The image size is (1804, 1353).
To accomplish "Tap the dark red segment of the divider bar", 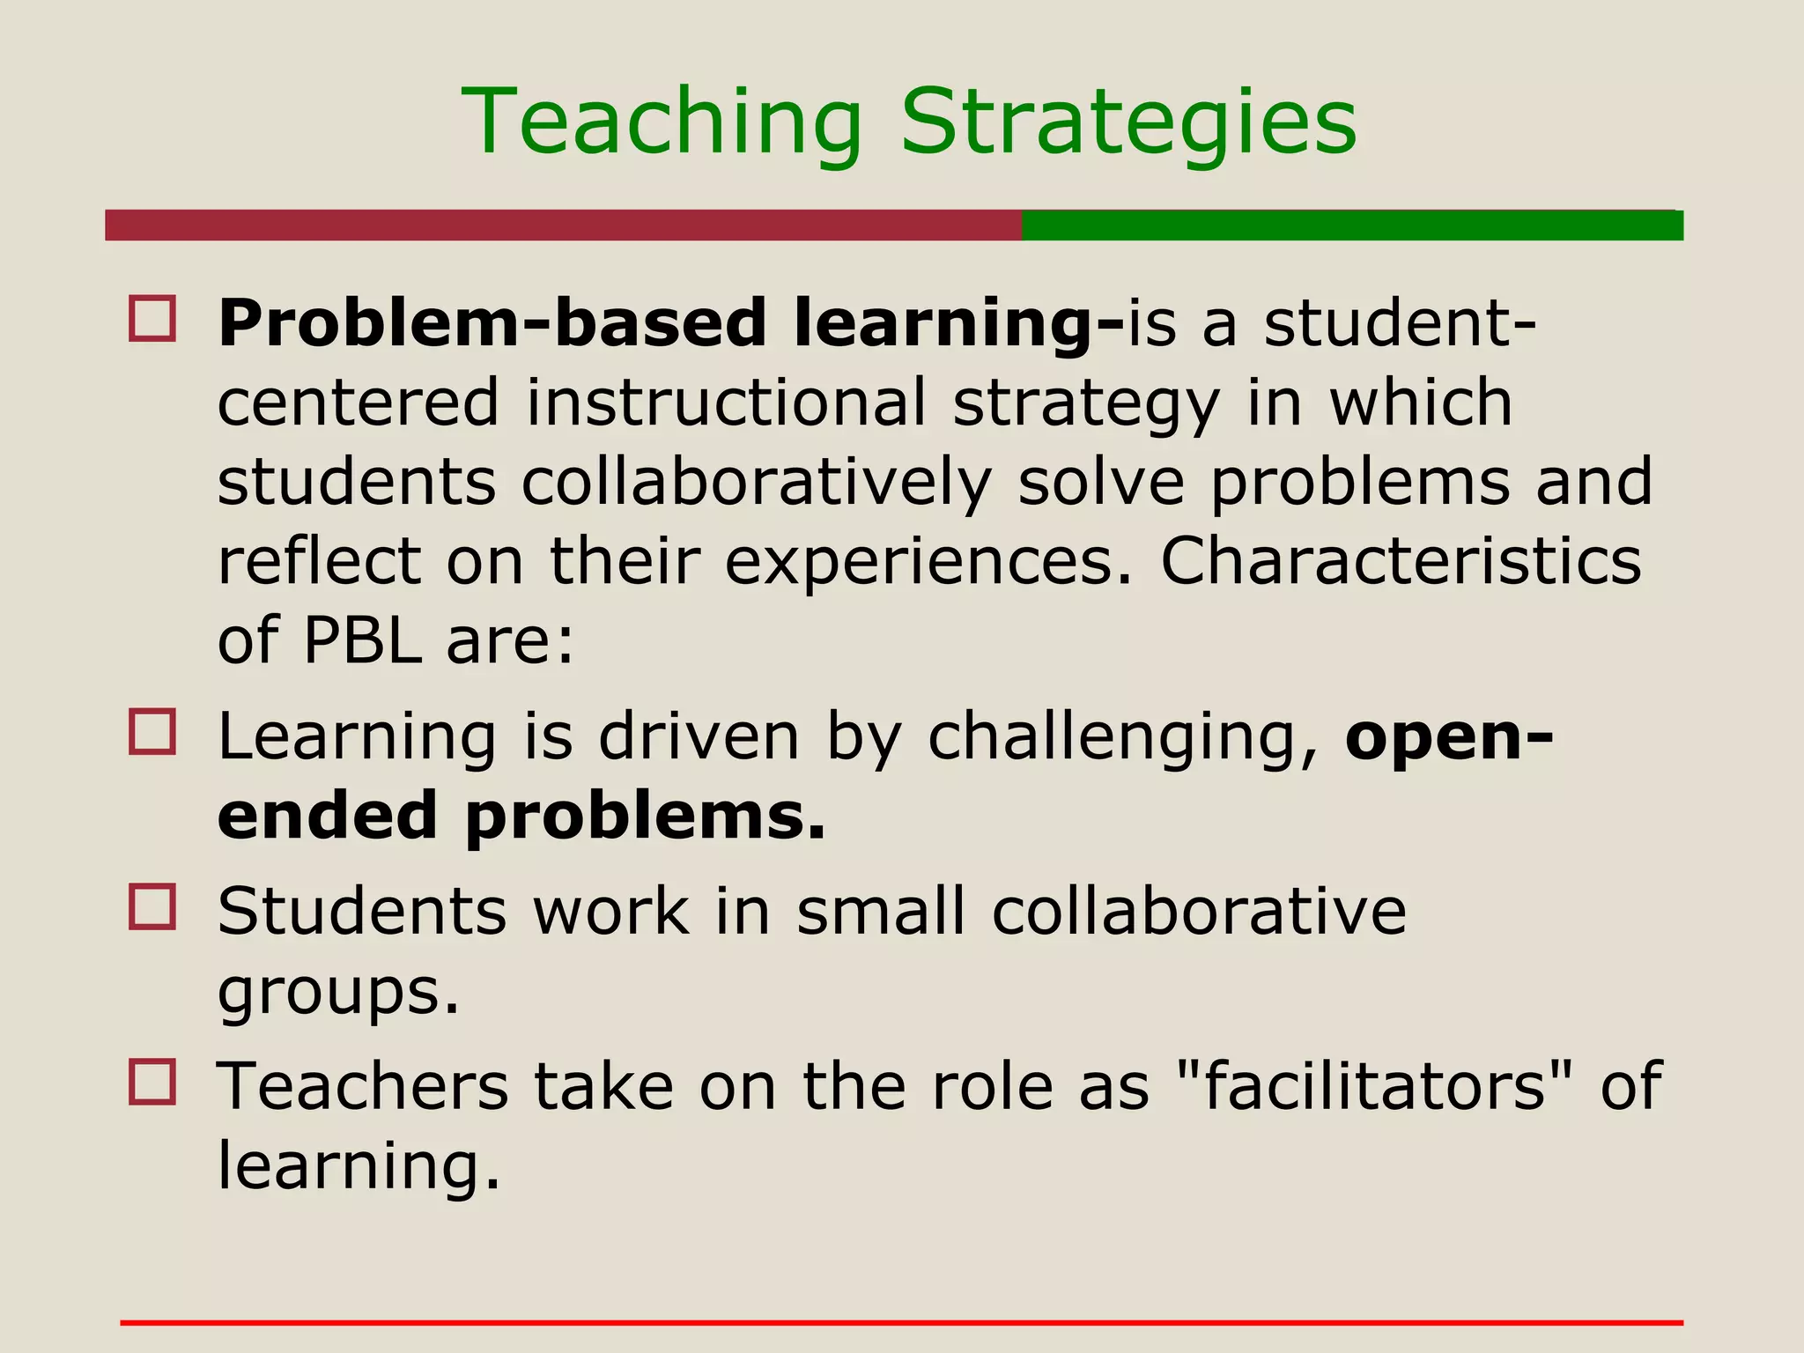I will point(563,225).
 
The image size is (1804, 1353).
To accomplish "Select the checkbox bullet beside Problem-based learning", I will point(152,319).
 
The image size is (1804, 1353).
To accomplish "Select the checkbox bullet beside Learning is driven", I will point(152,731).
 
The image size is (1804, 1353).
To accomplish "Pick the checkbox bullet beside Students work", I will point(152,906).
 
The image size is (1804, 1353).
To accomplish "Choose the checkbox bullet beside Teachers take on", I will point(152,1081).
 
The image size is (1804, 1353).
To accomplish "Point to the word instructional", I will point(726,403).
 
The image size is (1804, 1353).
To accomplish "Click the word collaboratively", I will point(757,482).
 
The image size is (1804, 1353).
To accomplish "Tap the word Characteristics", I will point(1401,561).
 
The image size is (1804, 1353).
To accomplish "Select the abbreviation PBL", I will point(362,640).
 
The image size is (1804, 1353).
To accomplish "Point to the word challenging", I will point(1123,736).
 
